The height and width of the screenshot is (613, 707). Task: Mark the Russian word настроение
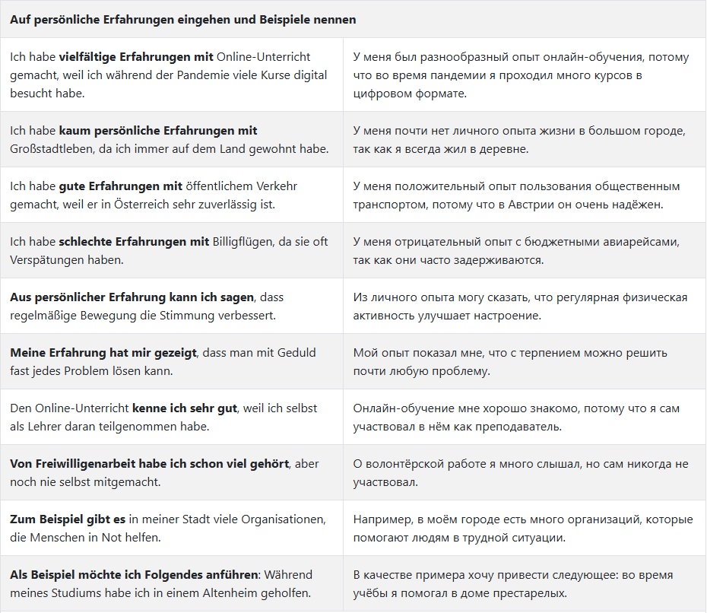click(x=503, y=316)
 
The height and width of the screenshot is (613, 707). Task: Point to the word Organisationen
click(x=283, y=519)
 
